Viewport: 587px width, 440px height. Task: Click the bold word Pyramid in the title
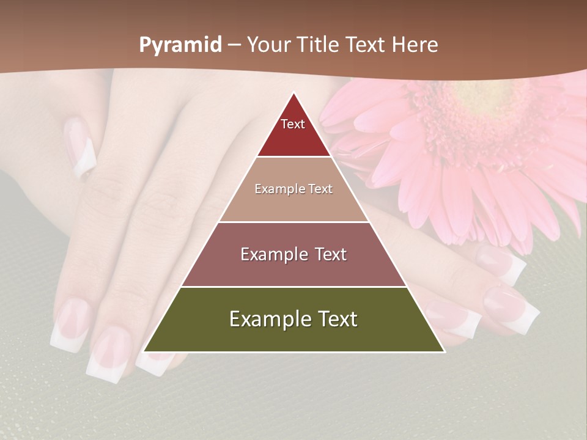[180, 45]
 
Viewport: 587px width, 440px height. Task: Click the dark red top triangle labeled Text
[293, 131]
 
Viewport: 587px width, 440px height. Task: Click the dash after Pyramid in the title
[234, 45]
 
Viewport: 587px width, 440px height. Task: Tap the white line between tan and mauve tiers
[293, 222]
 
